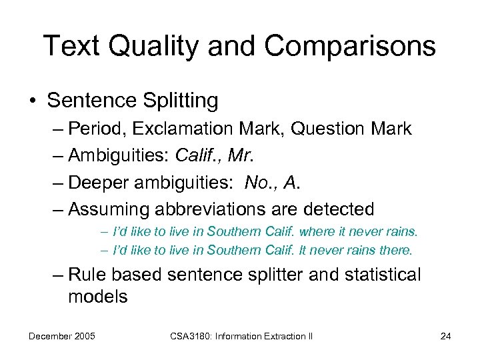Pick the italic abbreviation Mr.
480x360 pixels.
click(241, 156)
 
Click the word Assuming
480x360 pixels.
click(109, 209)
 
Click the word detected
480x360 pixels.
click(339, 209)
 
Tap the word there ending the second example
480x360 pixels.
click(397, 251)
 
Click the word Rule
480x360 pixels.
click(87, 275)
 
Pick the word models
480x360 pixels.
click(98, 297)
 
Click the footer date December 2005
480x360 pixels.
click(61, 336)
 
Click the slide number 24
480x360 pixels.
click(445, 336)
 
